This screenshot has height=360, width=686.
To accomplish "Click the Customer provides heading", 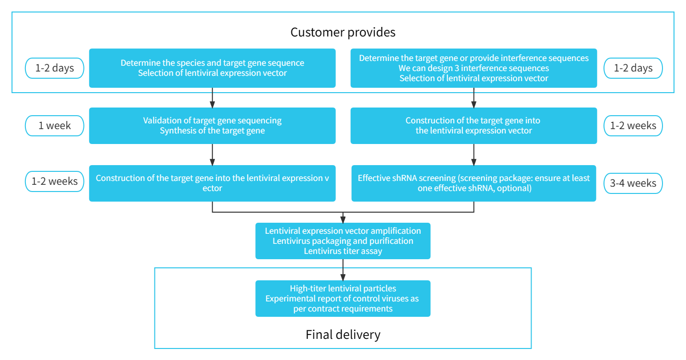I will click(x=343, y=32).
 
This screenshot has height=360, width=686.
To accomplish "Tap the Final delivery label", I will click(x=343, y=334).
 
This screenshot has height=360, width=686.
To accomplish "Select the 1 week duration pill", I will click(x=55, y=126).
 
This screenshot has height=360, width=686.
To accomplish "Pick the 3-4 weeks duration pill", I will click(x=633, y=183).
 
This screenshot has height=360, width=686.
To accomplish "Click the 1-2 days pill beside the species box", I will click(x=55, y=68).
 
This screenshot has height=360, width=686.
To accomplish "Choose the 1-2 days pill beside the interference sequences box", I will click(x=633, y=68).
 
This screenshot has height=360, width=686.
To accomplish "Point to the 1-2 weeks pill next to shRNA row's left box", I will click(x=55, y=181).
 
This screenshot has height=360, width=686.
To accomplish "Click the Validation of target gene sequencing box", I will click(x=212, y=126).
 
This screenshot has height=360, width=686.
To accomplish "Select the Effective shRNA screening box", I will click(x=473, y=183).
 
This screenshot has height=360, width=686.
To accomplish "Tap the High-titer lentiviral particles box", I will click(x=343, y=299).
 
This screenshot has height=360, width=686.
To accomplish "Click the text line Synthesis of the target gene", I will click(x=212, y=131).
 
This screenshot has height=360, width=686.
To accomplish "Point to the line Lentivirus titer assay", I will click(x=343, y=251).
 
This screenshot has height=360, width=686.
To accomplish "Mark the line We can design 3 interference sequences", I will click(x=473, y=68).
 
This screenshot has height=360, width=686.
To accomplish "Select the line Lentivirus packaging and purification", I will click(x=343, y=241).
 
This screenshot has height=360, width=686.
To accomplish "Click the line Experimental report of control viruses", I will click(x=342, y=299).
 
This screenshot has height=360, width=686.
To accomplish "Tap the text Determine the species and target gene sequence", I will click(x=212, y=63).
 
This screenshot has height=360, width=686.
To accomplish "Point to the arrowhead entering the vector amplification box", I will click(x=343, y=220).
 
